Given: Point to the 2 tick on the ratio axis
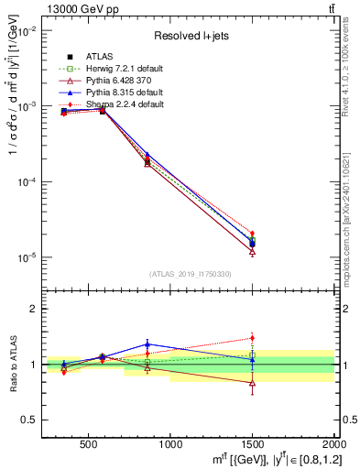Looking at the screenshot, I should (35, 310).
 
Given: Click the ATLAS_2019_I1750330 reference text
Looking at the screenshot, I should (190, 274).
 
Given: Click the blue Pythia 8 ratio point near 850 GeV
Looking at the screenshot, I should (147, 344).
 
